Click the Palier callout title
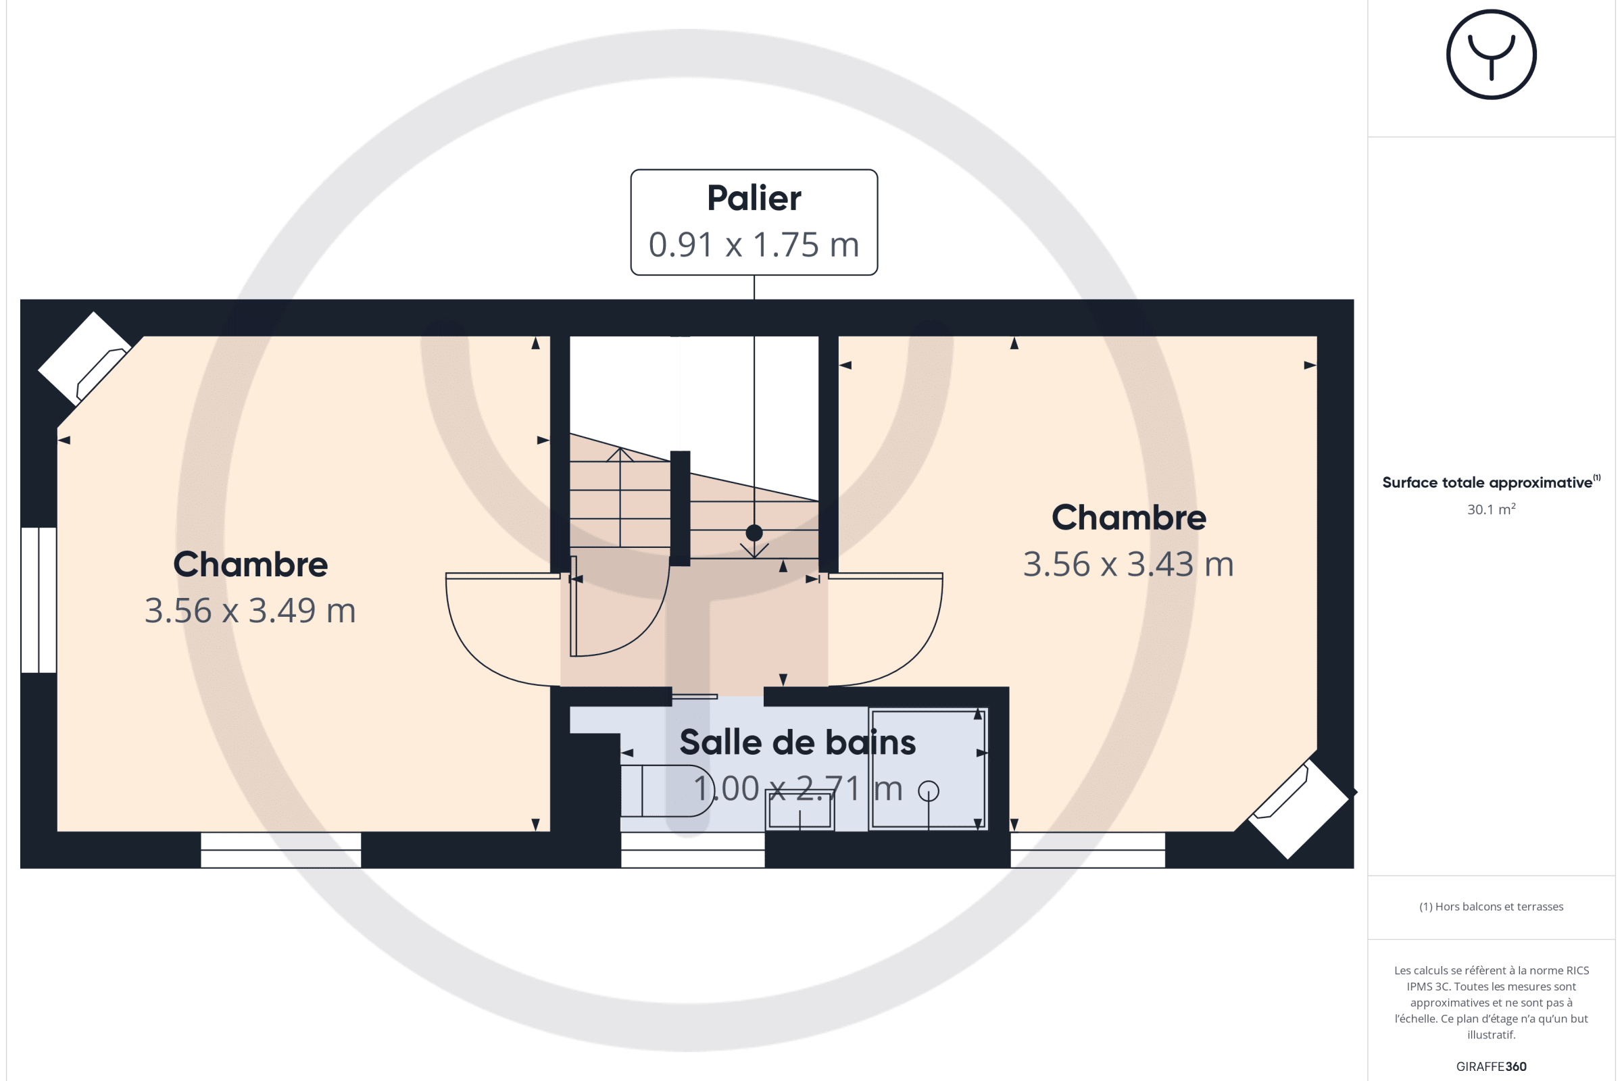pyautogui.click(x=754, y=199)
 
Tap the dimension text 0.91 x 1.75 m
pyautogui.click(x=754, y=245)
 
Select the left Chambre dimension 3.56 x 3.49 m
pyautogui.click(x=250, y=611)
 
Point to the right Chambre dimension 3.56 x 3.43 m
pyautogui.click(x=1128, y=565)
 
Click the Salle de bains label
pyautogui.click(x=798, y=743)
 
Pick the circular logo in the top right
pyautogui.click(x=1491, y=55)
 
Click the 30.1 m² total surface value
pyautogui.click(x=1491, y=509)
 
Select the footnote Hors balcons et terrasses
pyautogui.click(x=1491, y=907)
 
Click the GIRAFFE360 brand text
pyautogui.click(x=1491, y=1067)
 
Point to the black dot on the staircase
pyautogui.click(x=754, y=533)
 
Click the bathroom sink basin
pyautogui.click(x=800, y=811)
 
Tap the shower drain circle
pyautogui.click(x=929, y=790)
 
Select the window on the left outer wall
pyautogui.click(x=39, y=600)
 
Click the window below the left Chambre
pyautogui.click(x=280, y=850)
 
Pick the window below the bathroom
pyautogui.click(x=693, y=850)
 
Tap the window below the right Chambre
pyautogui.click(x=1088, y=850)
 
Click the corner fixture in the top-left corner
pyautogui.click(x=84, y=359)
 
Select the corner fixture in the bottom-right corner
pyautogui.click(x=1298, y=809)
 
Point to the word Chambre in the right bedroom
pyautogui.click(x=1129, y=518)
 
